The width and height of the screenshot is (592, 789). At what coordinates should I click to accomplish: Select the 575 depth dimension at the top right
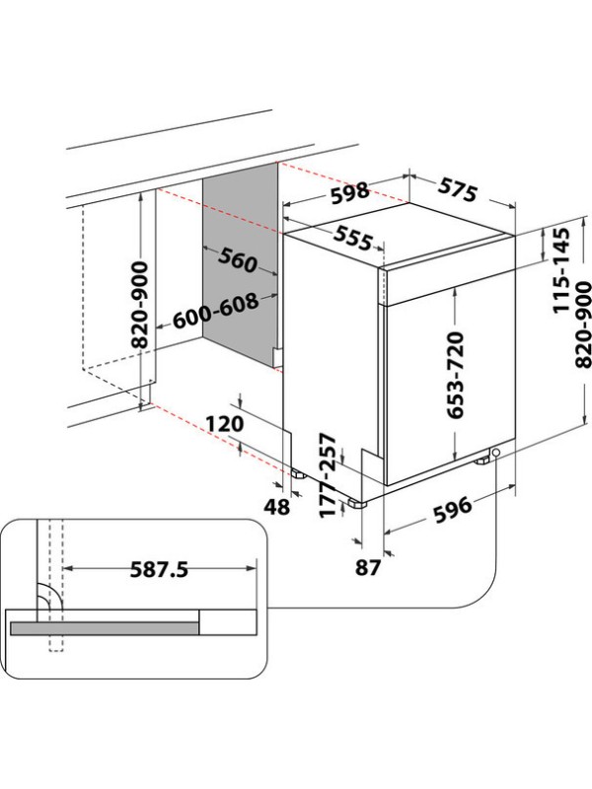458,190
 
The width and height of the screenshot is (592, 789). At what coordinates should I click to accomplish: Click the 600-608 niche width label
215,313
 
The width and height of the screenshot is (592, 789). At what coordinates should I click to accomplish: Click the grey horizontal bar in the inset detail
103,625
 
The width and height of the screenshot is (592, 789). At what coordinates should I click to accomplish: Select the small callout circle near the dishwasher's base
494,453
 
